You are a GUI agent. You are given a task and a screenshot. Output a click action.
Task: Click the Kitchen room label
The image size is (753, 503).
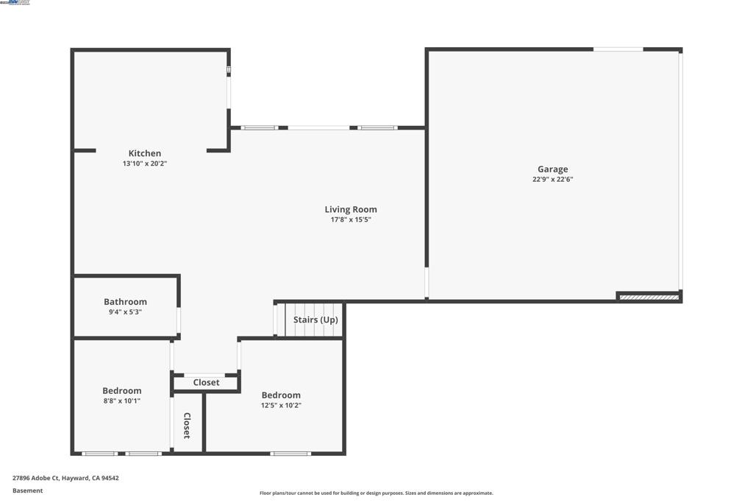(x=145, y=153)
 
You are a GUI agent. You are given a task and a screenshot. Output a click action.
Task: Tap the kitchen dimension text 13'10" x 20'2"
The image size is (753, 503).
(x=145, y=163)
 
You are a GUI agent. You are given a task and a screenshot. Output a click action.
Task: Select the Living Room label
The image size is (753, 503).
(x=351, y=209)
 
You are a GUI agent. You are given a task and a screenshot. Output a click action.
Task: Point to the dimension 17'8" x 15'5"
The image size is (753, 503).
(x=351, y=219)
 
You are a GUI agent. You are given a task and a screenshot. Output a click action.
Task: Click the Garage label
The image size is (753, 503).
(x=552, y=169)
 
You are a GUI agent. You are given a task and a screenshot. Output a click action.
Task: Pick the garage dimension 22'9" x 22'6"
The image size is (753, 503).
(x=552, y=179)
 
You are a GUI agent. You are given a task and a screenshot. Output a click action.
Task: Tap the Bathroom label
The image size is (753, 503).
(x=125, y=301)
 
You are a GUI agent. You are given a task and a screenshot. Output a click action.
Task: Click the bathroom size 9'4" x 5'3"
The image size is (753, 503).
(x=125, y=312)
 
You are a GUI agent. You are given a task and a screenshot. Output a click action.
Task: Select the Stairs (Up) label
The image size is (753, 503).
(x=315, y=320)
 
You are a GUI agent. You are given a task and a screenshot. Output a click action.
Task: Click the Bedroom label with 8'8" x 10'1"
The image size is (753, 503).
(x=122, y=391)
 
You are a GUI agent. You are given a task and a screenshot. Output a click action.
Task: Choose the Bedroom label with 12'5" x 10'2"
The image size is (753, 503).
(x=281, y=395)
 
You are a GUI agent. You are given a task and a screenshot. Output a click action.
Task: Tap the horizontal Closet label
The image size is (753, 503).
(x=206, y=382)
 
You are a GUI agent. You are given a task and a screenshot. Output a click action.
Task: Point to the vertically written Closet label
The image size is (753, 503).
(x=187, y=426)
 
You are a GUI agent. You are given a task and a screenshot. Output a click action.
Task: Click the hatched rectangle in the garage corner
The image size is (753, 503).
(x=649, y=297)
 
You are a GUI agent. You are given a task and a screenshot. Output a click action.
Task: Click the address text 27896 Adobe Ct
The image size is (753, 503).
(x=65, y=478)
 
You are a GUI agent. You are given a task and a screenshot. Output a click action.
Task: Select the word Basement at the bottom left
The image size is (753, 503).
(x=28, y=490)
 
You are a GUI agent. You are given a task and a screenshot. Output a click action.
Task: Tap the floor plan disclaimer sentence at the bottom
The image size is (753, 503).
(x=376, y=493)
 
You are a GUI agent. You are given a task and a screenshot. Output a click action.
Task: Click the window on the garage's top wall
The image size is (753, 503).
(x=618, y=49)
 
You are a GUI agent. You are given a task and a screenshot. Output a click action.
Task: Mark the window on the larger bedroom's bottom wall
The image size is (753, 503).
(x=290, y=454)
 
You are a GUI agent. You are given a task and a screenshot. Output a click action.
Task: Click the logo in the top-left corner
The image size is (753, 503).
(x=15, y=3)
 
